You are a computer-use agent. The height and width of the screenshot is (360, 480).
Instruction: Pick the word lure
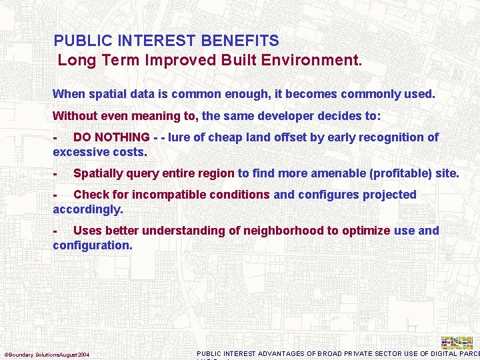coord(180,137)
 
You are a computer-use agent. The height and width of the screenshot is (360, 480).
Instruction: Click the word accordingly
coord(87,209)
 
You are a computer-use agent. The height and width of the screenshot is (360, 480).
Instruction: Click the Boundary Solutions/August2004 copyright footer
coord(47,354)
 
